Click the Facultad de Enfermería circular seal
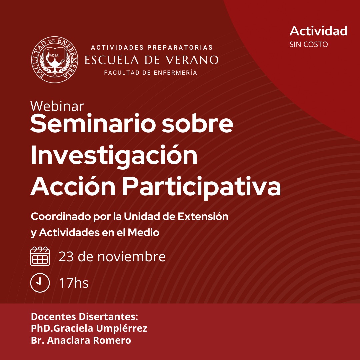[x=54, y=59]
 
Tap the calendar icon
[x=40, y=256]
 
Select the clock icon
[x=40, y=283]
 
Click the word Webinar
[x=57, y=106]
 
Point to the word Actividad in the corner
[x=318, y=31]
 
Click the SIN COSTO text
[x=308, y=44]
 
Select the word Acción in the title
[x=73, y=185]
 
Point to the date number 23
[x=66, y=256]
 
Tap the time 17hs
[x=74, y=283]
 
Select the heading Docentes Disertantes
[x=84, y=316]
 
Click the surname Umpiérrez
[x=121, y=329]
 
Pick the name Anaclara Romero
[x=89, y=340]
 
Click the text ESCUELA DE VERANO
[x=152, y=60]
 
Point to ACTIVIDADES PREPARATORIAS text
[x=152, y=48]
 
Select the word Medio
[x=143, y=233]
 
